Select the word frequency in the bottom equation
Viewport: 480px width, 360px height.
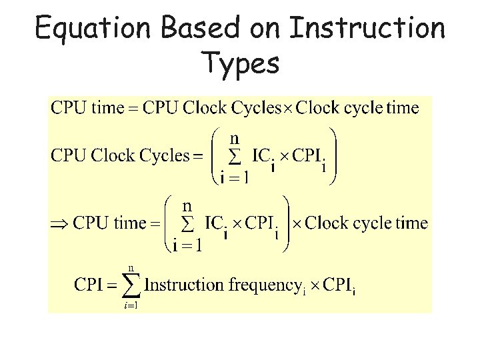[263, 286]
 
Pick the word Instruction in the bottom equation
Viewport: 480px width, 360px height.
[185, 285]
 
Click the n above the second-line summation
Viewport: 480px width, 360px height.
[235, 139]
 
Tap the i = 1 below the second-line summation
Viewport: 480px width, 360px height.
[234, 177]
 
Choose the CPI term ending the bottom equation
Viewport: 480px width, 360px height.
[340, 286]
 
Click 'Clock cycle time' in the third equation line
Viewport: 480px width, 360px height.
[366, 223]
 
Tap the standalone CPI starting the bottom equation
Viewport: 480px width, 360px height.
[88, 285]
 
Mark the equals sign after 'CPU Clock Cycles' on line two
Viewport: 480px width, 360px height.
[197, 157]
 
